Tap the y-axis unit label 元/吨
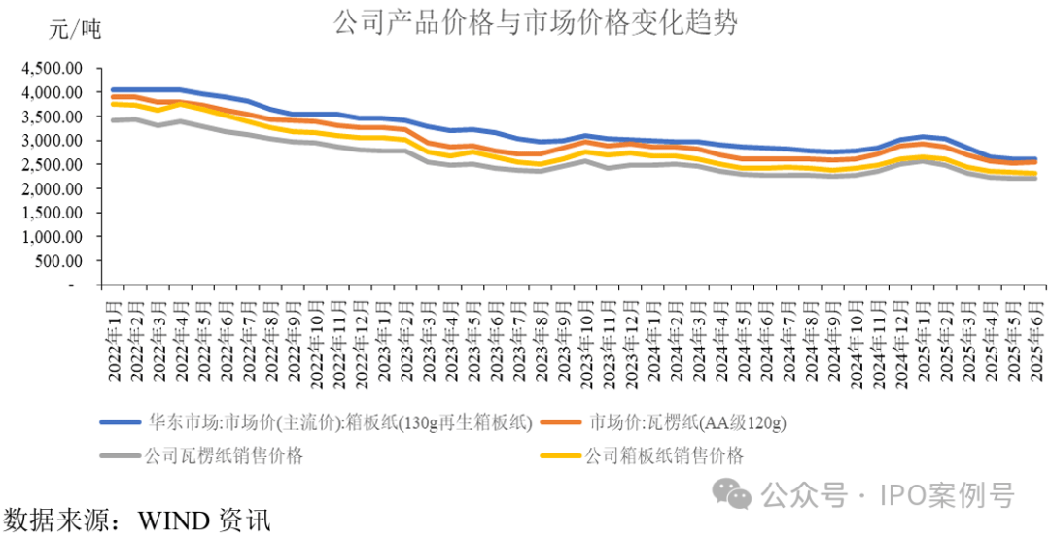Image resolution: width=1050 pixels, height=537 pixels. click(x=75, y=29)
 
